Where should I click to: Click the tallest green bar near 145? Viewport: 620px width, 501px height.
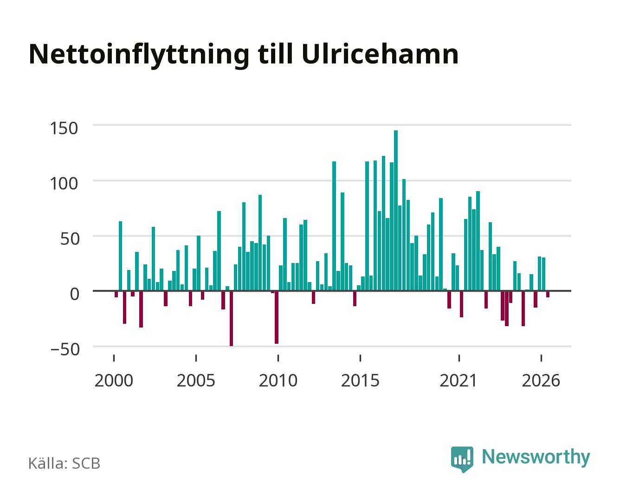(x=395, y=210)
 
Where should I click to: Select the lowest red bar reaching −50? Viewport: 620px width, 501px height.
(x=232, y=318)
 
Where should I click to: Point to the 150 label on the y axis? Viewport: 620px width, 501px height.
(x=64, y=128)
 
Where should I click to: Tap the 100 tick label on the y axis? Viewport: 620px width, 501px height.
(x=64, y=184)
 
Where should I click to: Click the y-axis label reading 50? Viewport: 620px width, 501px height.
(x=70, y=239)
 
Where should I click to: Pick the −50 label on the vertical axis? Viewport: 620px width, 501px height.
(x=65, y=349)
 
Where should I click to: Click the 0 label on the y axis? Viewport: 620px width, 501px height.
(x=75, y=294)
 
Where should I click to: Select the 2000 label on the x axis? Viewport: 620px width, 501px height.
(x=114, y=380)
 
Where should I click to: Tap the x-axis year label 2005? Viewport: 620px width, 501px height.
(x=196, y=380)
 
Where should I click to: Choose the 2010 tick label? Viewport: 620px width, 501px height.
(x=278, y=380)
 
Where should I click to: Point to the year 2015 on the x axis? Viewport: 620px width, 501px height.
(x=361, y=380)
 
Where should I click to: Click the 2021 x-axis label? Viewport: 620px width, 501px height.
(x=459, y=380)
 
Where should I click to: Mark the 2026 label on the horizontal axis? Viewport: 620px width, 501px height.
(x=541, y=380)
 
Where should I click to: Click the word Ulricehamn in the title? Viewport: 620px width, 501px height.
(x=380, y=54)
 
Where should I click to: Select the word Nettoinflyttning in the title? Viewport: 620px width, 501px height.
(x=139, y=56)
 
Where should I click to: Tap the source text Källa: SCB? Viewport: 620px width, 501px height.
(x=65, y=463)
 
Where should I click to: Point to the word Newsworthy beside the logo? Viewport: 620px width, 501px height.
(x=536, y=457)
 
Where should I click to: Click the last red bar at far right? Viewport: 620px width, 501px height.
(x=548, y=294)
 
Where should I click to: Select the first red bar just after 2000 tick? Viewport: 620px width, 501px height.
(x=116, y=294)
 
